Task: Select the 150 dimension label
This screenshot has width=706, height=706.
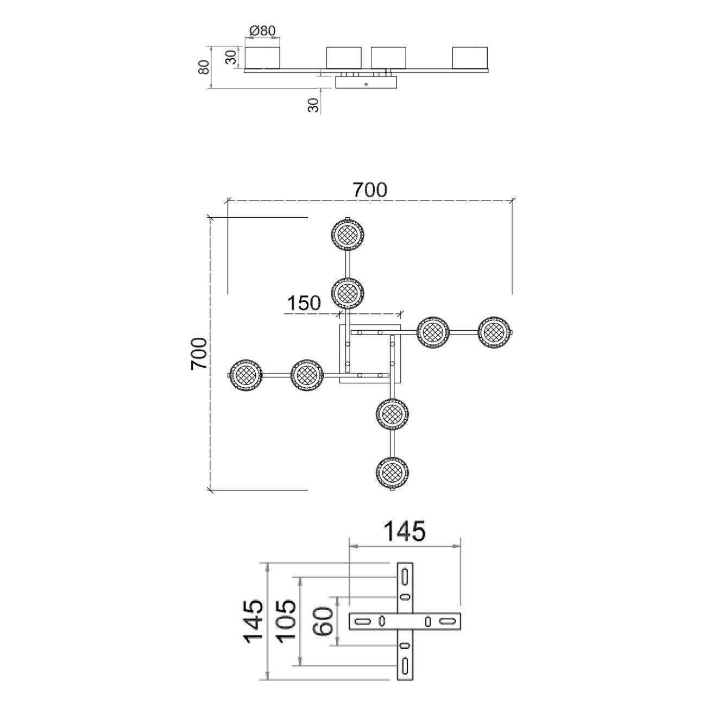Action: [x=304, y=302]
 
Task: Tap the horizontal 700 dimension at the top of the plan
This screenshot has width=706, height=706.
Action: [x=370, y=190]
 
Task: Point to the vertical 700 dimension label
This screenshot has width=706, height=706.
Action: [x=199, y=354]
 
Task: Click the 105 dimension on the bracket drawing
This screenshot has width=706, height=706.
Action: [x=286, y=620]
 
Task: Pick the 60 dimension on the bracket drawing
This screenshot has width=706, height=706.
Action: [x=323, y=621]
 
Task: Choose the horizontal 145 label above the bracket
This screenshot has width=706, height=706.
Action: [x=405, y=531]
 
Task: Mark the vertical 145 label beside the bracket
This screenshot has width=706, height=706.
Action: [x=254, y=621]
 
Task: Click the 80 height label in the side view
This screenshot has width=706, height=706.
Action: [x=204, y=67]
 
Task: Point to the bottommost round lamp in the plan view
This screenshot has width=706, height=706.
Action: [x=392, y=473]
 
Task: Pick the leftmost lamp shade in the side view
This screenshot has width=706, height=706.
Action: [x=262, y=58]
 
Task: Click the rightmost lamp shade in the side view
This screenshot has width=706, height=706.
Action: [x=471, y=58]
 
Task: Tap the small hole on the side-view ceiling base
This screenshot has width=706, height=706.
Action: [x=366, y=84]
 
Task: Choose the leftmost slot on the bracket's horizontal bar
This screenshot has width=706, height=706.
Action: [x=362, y=621]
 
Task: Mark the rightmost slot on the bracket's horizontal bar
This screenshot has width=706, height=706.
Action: [x=447, y=621]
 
